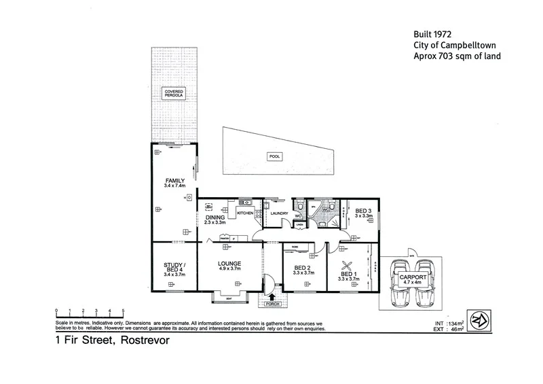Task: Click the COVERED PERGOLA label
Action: (x=173, y=94)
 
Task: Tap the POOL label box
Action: (x=276, y=156)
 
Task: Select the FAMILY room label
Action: (x=174, y=181)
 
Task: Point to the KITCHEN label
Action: (x=245, y=213)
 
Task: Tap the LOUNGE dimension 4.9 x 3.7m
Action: (x=229, y=268)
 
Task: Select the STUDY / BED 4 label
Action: (x=174, y=268)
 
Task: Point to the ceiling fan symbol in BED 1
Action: (x=348, y=266)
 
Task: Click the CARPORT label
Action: (x=414, y=278)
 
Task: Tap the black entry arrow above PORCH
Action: (x=273, y=296)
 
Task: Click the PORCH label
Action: (x=273, y=304)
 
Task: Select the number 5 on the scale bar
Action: (x=123, y=310)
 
